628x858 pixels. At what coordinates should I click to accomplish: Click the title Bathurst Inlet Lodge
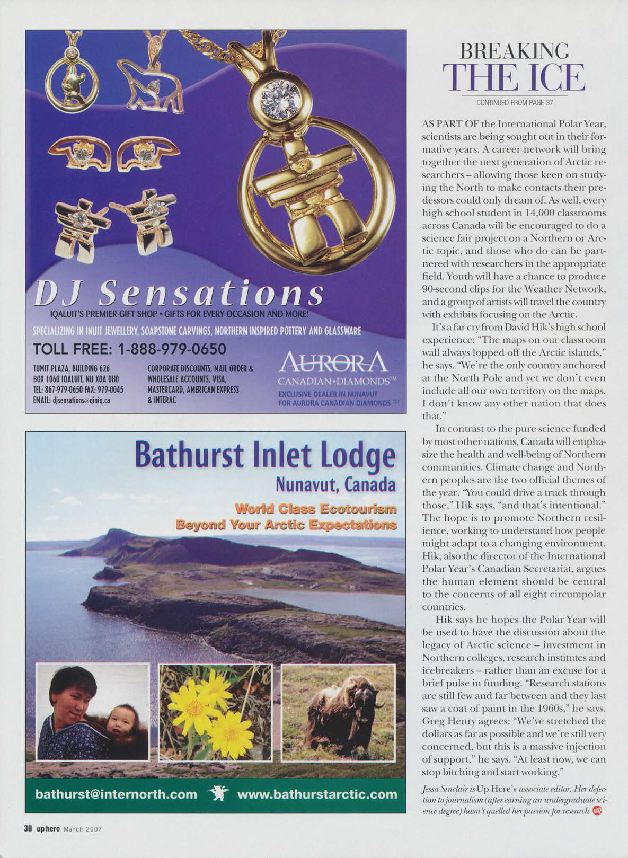[265, 457]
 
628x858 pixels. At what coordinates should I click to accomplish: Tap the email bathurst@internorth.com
[116, 794]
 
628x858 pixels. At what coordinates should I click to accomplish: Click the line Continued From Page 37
[515, 102]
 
